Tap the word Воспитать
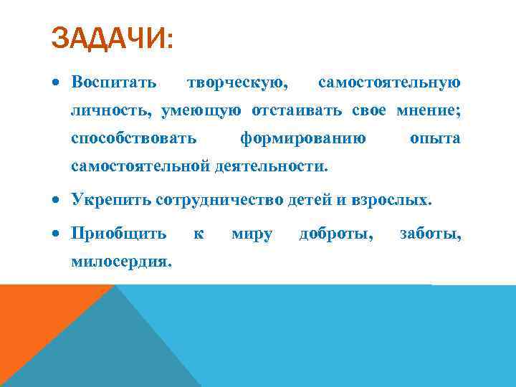pos(114,83)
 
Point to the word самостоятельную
pos(389,83)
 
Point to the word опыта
pos(435,138)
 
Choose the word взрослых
pos(393,200)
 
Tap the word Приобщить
pos(119,234)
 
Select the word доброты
pos(335,234)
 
